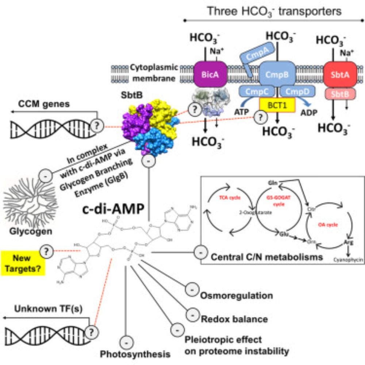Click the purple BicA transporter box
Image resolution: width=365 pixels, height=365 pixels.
210,74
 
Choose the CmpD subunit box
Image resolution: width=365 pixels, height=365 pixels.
298,91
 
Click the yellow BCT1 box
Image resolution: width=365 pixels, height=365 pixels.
278,105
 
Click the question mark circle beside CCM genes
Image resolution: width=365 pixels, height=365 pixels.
96,125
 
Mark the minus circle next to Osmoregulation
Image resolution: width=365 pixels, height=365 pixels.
191,290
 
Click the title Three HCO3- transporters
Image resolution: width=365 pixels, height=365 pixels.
274,11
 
